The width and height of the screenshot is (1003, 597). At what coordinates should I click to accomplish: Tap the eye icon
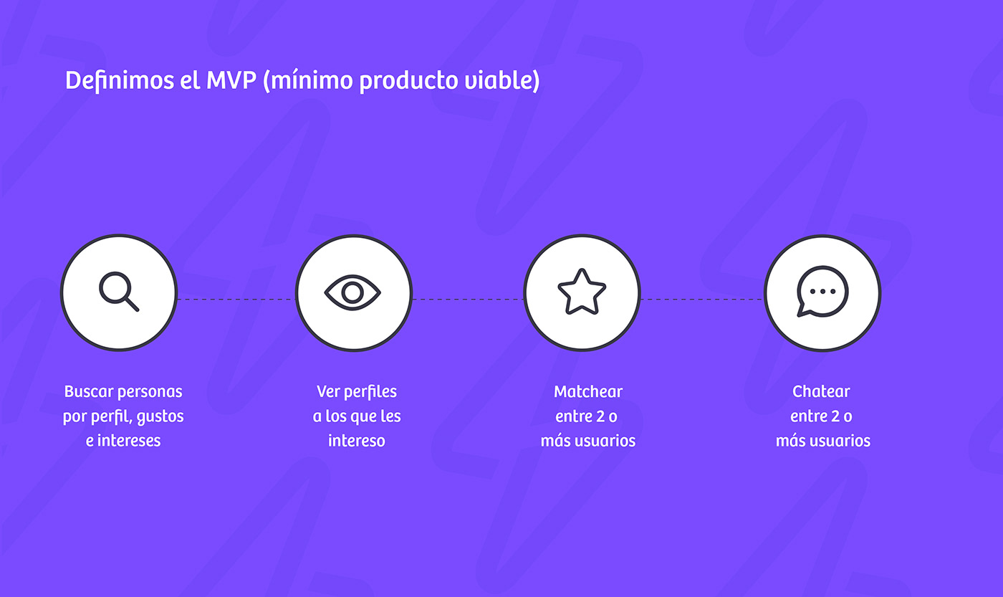coord(352,292)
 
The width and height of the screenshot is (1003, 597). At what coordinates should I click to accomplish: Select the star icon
coord(582,292)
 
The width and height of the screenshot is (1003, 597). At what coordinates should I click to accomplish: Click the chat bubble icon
coord(822,292)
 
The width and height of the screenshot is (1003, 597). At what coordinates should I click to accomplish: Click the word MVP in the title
coord(231,80)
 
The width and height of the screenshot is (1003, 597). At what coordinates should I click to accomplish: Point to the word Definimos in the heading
coord(120,80)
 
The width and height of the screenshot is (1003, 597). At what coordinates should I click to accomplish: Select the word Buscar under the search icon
coord(89,392)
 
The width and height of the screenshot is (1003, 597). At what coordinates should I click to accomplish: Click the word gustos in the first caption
coord(160,417)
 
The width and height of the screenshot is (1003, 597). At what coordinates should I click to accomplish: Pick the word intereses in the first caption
coord(129,441)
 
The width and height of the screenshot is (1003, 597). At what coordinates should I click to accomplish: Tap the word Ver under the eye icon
coord(328,392)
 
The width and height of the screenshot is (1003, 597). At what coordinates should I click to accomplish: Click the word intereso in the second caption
coord(357,441)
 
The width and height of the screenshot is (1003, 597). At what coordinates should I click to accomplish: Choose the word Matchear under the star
coord(588,392)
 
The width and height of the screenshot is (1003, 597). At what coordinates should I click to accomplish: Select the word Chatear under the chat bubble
coord(821,392)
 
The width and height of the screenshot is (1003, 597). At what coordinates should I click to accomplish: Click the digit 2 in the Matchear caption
coord(600,416)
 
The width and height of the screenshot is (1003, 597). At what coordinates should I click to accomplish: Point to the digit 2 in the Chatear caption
coord(835,416)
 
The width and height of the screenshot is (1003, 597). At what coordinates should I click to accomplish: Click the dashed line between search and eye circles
coord(236,299)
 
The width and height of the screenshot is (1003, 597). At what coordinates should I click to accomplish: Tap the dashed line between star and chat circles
coord(702,299)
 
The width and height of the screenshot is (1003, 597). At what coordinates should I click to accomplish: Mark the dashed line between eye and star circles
coord(467,299)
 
